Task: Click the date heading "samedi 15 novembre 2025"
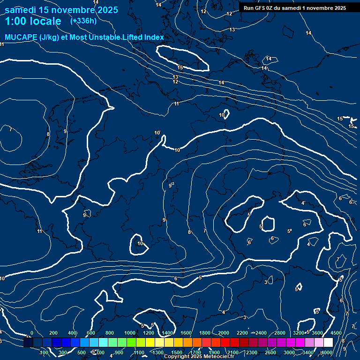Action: click(61, 10)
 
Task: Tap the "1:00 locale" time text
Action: click(33, 21)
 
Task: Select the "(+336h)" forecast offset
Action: click(83, 21)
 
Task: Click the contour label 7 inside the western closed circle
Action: click(10, 129)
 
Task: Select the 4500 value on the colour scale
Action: click(336, 333)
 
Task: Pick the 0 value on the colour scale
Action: click(32, 333)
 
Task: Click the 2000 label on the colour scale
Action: click(224, 333)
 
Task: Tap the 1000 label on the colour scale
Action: click(129, 333)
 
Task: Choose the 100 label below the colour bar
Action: click(44, 352)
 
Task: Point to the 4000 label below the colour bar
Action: click(327, 352)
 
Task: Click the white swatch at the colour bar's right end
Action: click(328, 343)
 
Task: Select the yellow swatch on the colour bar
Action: click(150, 343)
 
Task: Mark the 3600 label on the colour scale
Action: click(317, 333)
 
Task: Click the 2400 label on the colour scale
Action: click(261, 333)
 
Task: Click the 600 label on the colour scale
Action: click(91, 333)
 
